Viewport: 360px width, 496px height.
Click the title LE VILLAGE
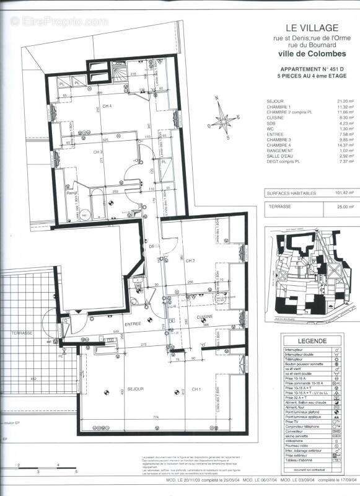click(x=311, y=27)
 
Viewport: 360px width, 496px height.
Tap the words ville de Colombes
click(x=311, y=56)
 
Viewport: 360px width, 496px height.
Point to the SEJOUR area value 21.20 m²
click(x=338, y=100)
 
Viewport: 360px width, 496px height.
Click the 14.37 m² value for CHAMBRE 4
click(x=338, y=145)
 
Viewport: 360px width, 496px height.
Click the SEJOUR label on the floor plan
click(x=136, y=389)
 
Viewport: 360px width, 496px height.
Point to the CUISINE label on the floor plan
click(x=204, y=316)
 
